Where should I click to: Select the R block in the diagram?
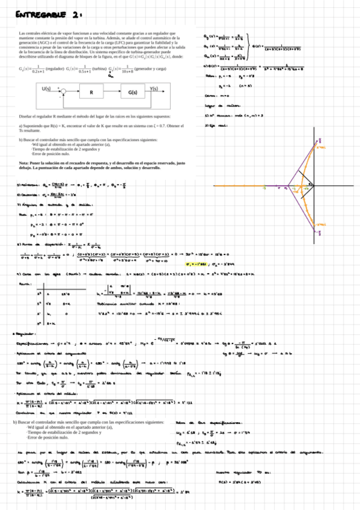(x=91, y=93)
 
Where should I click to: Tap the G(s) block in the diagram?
(x=133, y=93)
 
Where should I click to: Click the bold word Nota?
(x=25, y=163)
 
